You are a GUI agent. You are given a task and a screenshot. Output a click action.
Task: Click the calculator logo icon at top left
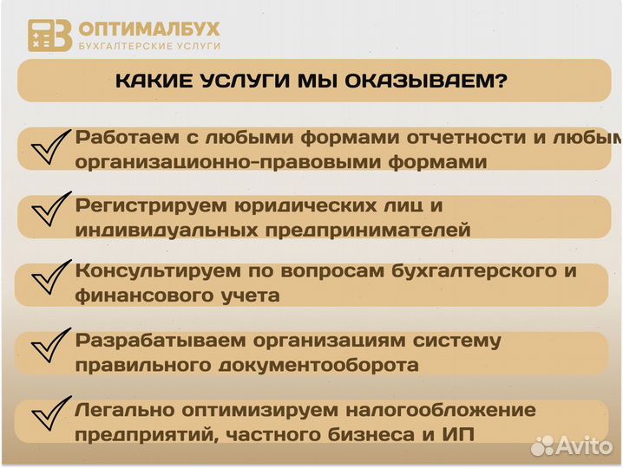(49, 36)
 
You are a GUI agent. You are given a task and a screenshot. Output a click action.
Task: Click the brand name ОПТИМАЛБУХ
(148, 29)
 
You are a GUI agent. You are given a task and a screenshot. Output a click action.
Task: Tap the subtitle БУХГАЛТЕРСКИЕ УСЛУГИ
(148, 46)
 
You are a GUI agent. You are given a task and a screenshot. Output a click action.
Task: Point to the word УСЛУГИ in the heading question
(240, 81)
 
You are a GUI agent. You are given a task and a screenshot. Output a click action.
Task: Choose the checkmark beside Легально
(50, 416)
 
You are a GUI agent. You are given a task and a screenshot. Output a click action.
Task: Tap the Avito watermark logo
(573, 445)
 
